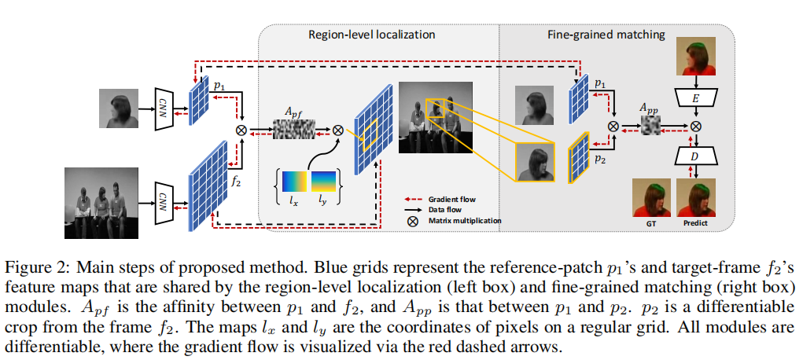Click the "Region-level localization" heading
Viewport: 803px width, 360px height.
[371, 35]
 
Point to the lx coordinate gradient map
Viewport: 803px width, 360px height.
[294, 182]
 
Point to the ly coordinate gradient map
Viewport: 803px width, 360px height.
[324, 182]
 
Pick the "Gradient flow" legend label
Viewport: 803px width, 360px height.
[451, 199]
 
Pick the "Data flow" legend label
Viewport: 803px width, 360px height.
[444, 210]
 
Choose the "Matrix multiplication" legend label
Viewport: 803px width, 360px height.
[464, 221]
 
